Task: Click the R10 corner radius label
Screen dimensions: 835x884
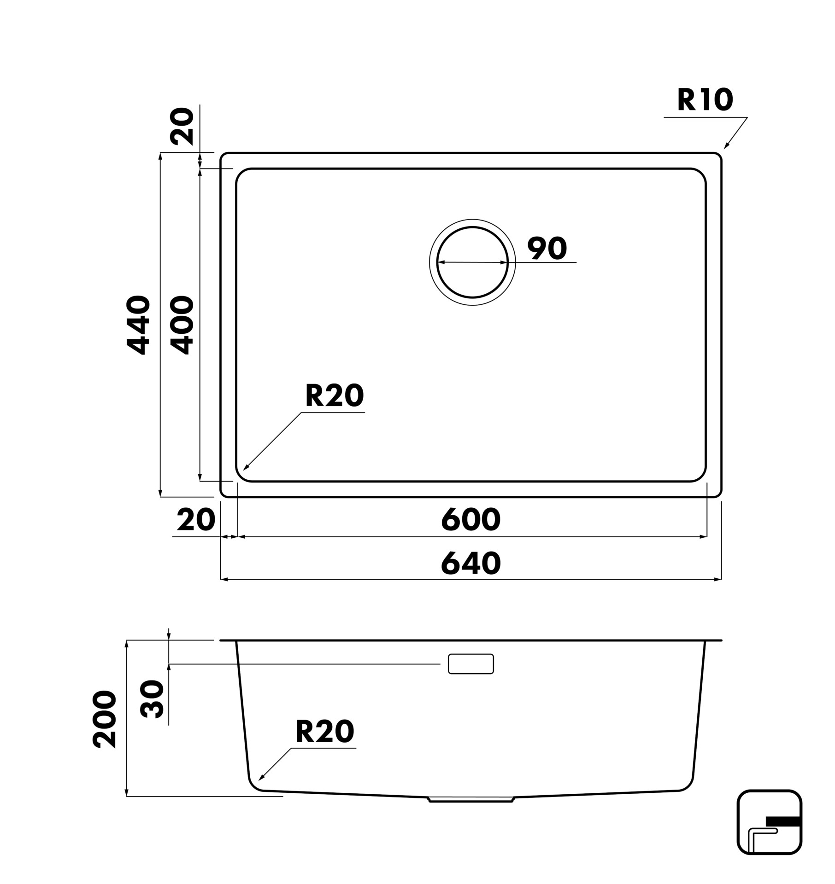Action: point(705,100)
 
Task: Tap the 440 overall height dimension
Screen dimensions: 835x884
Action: point(138,326)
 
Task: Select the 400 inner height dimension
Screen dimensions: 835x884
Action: point(182,326)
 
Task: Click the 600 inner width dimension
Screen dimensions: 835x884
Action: point(470,519)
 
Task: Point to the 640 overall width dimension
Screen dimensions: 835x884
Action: point(470,563)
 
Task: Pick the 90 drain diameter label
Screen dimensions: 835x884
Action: point(547,248)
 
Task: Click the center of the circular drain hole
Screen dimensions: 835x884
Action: point(472,262)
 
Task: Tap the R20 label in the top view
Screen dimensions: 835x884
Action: point(335,396)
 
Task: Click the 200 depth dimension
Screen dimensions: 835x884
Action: point(105,719)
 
